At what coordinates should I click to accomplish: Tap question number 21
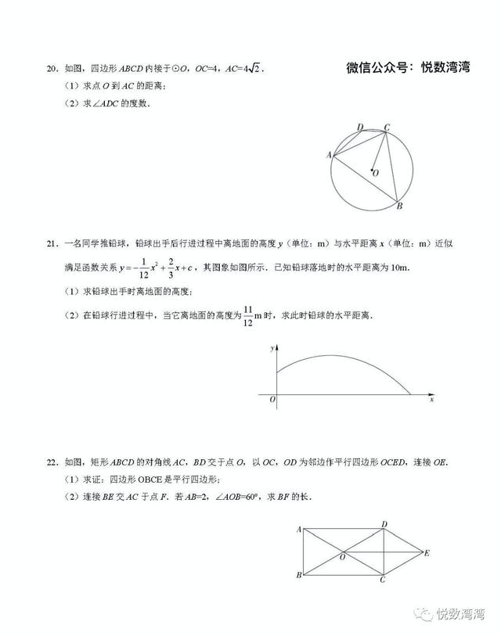tap(51, 243)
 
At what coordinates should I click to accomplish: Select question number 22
tap(51, 460)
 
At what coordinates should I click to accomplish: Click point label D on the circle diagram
tap(359, 127)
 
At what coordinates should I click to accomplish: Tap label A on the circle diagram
tap(328, 155)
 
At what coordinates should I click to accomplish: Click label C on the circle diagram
tap(387, 126)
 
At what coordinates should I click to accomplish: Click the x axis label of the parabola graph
tap(431, 400)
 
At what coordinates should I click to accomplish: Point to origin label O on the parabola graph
tap(272, 400)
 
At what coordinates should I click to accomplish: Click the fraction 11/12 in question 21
tap(248, 316)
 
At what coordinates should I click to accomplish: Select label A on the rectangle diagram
tap(299, 530)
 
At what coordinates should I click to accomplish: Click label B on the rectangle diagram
tap(299, 577)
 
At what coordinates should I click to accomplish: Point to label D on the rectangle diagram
tap(384, 524)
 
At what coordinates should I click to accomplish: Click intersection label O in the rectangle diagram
tap(342, 557)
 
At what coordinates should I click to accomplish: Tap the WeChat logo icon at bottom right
tap(424, 614)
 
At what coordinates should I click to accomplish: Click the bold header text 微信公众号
tap(379, 68)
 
